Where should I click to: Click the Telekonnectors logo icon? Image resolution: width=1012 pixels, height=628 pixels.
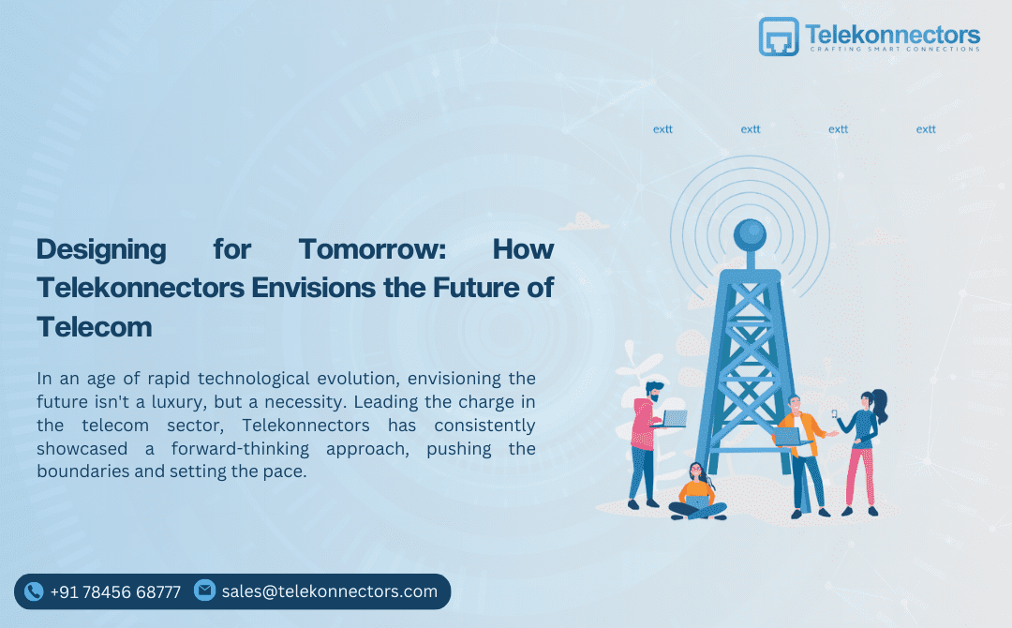(x=778, y=37)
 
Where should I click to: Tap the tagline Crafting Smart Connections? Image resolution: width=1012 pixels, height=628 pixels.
(x=893, y=50)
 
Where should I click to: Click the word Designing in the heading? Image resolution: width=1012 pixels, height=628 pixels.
(x=101, y=250)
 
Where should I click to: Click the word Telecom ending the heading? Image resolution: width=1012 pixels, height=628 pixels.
(x=94, y=326)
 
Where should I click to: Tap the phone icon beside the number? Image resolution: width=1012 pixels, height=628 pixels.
(x=34, y=591)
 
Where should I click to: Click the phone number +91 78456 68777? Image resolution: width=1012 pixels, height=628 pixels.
(x=115, y=591)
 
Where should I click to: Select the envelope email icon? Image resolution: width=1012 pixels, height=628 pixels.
(x=204, y=591)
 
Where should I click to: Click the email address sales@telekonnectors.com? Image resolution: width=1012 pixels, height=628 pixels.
(x=330, y=591)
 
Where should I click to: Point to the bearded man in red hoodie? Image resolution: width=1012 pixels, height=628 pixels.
(x=646, y=441)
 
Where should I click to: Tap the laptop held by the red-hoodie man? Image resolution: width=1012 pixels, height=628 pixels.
(x=674, y=419)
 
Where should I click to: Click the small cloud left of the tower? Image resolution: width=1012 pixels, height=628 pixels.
(x=585, y=222)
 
